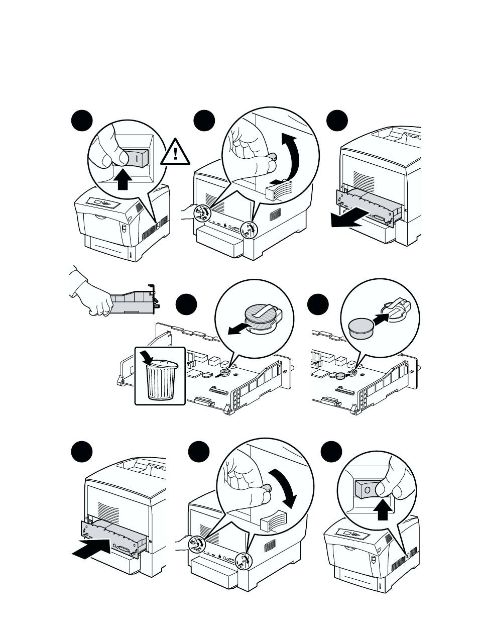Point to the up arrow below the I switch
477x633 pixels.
point(122,180)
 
